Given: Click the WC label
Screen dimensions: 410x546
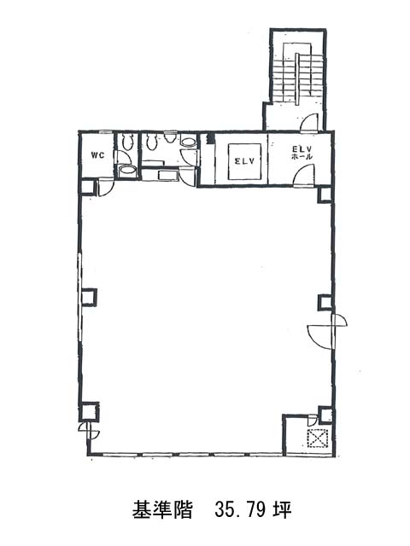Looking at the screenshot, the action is tap(97, 155).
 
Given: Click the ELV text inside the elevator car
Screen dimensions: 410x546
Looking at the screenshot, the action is tap(245, 161).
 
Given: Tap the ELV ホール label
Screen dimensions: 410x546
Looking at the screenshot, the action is tap(302, 153).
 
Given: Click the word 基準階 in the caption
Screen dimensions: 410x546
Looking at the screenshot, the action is tap(162, 509).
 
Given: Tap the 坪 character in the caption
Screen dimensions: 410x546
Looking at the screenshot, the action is tap(283, 509).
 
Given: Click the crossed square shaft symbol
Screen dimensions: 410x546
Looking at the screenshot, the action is tap(318, 439).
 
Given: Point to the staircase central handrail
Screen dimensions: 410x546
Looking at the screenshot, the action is tap(297, 78).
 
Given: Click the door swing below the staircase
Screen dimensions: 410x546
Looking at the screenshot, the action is tap(309, 123).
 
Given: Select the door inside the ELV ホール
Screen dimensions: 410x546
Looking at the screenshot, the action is tap(304, 176).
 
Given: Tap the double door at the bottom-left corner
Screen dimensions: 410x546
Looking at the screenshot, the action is tap(89, 431).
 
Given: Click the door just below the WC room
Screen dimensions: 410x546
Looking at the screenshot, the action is tap(105, 187).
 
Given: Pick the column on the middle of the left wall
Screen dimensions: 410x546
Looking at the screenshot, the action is tap(89, 298).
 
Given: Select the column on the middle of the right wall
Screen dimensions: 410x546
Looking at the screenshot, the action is tap(325, 302).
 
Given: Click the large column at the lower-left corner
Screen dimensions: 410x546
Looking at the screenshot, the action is tap(90, 412).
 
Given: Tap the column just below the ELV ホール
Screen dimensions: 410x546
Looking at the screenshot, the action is tap(325, 195).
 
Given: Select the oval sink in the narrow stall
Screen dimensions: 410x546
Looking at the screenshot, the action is tap(127, 171).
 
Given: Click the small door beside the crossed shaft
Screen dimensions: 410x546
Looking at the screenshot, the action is tap(313, 421).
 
